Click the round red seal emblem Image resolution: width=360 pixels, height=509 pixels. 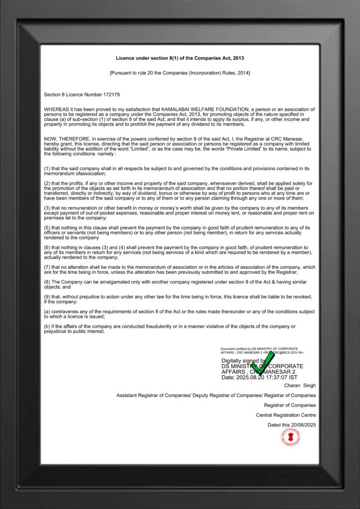(x=290, y=437)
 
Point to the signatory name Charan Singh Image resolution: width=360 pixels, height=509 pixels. (x=300, y=385)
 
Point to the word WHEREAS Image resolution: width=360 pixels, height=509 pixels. (x=56, y=109)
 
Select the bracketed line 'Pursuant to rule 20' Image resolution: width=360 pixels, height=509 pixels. (x=180, y=73)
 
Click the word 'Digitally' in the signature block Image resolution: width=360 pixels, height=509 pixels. (x=233, y=360)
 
